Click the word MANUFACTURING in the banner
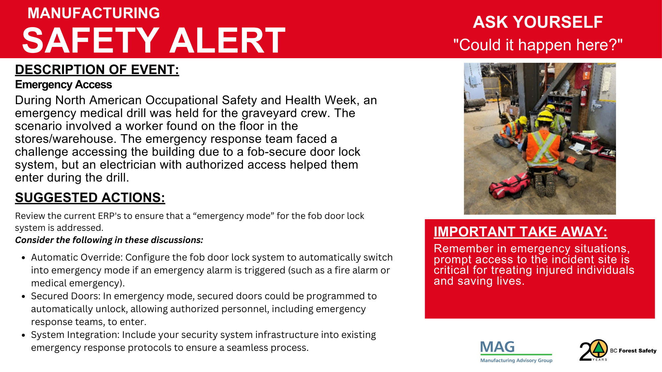94,13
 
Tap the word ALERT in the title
227,40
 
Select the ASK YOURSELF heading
538,22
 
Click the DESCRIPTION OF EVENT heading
97,70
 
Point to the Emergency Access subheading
64,85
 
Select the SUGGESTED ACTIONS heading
90,198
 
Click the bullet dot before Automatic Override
23,258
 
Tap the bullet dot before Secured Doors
23,297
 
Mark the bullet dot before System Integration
23,335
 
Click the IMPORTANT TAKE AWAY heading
520,232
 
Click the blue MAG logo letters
497,347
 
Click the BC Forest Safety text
633,351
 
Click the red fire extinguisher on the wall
584,96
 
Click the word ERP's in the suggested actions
110,216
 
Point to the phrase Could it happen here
538,45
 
